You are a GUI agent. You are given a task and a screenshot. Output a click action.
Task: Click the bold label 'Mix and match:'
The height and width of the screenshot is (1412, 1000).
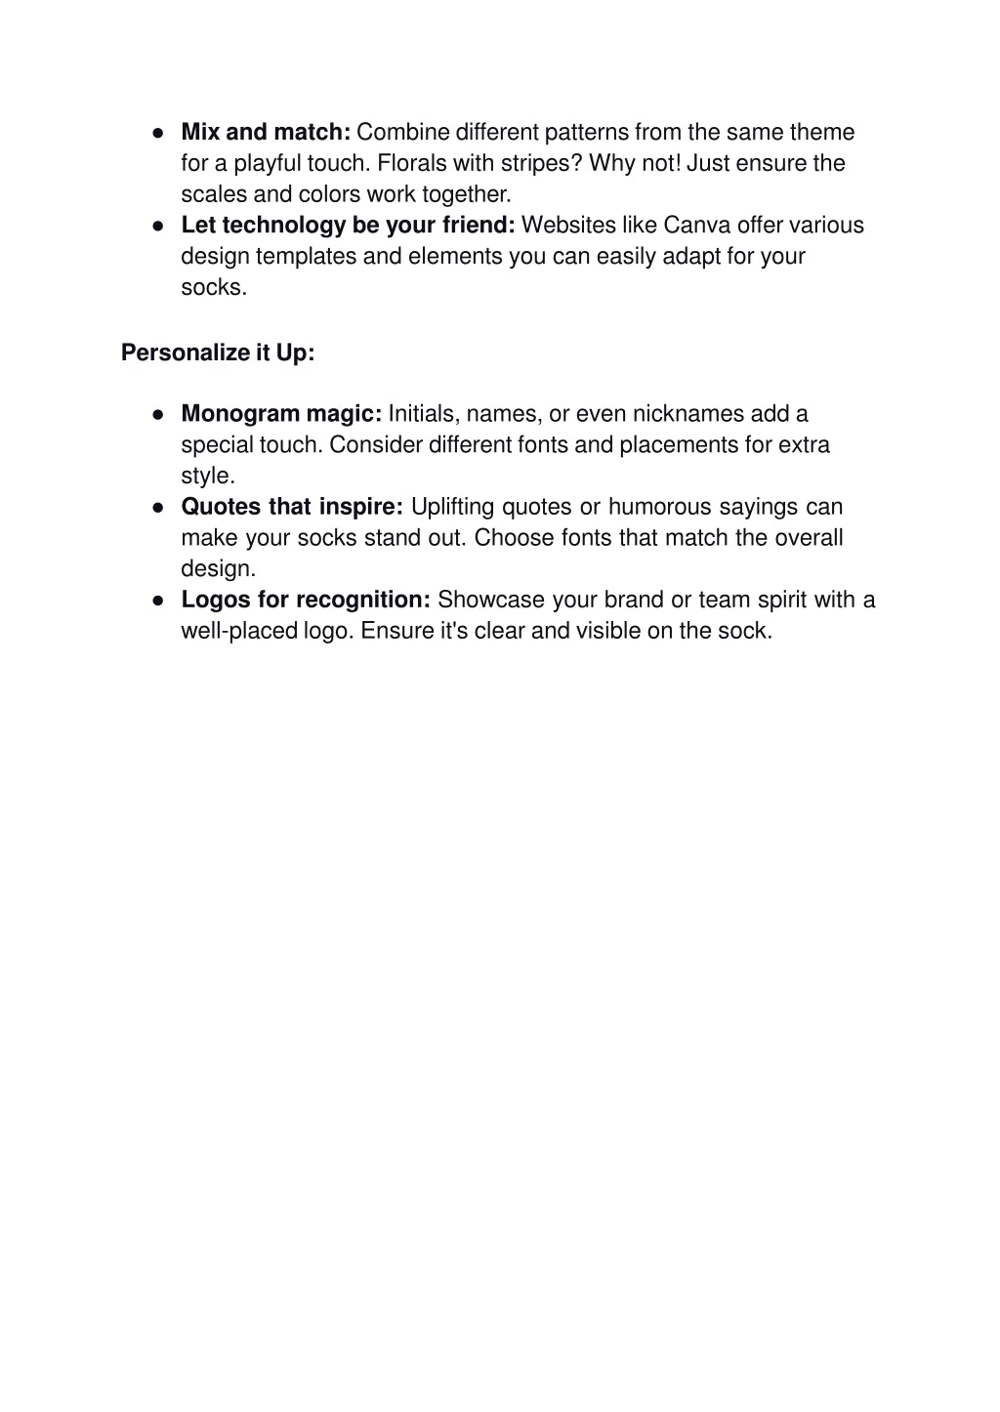tap(266, 132)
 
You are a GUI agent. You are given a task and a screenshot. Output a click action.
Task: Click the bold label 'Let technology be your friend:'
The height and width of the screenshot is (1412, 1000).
tap(348, 226)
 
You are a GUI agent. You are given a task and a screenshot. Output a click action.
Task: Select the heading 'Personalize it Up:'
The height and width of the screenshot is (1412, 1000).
tap(218, 353)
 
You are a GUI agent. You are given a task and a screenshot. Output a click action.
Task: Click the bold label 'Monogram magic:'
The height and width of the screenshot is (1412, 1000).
tap(281, 414)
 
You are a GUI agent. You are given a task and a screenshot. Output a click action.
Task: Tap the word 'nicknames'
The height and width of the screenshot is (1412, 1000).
tap(688, 414)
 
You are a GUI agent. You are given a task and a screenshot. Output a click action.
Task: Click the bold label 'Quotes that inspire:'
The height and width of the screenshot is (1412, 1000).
tap(292, 507)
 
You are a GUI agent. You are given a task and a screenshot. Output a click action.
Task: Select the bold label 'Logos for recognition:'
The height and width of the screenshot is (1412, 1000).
tap(306, 600)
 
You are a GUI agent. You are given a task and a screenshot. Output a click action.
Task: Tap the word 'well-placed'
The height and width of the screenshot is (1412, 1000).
tap(238, 631)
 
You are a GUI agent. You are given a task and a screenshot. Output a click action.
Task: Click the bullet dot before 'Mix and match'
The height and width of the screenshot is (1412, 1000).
tap(157, 133)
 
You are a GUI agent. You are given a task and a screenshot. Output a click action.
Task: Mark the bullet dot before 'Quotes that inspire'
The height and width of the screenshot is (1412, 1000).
tap(157, 508)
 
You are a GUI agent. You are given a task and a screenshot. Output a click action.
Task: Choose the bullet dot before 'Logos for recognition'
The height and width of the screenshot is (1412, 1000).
tap(157, 601)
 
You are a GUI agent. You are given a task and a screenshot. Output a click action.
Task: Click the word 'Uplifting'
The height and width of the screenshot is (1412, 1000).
tap(453, 507)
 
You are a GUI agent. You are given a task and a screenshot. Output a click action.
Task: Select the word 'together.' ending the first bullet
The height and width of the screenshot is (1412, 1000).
tap(467, 194)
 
